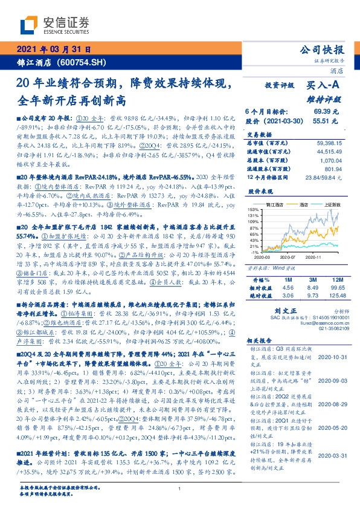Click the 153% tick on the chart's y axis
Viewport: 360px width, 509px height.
coord(252,209)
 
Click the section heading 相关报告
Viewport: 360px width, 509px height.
coord(258,358)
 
